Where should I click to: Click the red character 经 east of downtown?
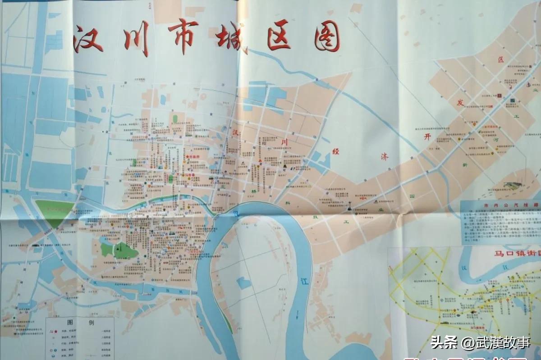(x=336, y=152)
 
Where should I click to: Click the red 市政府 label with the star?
(x=193, y=156)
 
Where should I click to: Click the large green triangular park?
(x=55, y=212)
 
